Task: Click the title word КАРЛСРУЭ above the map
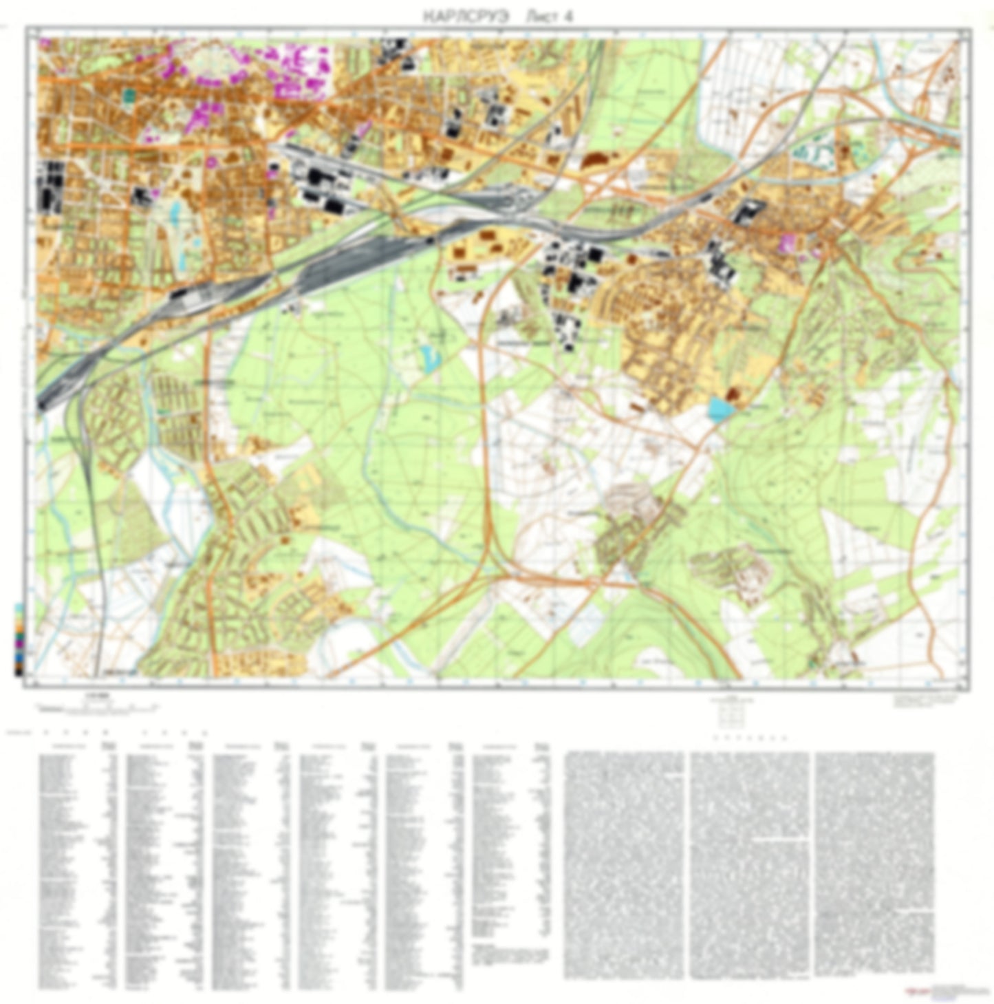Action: [466, 17]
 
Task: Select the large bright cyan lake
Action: [718, 409]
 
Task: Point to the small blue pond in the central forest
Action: [430, 358]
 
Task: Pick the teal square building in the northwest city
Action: [128, 94]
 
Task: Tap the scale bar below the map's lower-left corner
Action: [96, 706]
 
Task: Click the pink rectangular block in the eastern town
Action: [788, 242]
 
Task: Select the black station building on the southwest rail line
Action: [180, 294]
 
